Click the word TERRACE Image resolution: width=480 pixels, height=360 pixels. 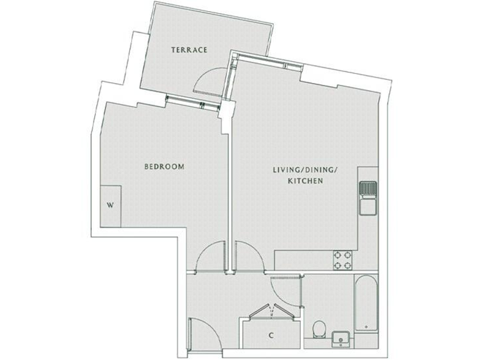click(189, 51)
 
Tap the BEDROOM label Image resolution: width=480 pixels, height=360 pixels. click(164, 167)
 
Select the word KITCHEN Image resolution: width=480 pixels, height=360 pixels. click(304, 181)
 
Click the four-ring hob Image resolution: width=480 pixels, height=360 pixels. click(342, 260)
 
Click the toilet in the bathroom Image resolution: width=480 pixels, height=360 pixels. click(319, 328)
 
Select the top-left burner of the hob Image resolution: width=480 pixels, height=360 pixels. click(337, 254)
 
